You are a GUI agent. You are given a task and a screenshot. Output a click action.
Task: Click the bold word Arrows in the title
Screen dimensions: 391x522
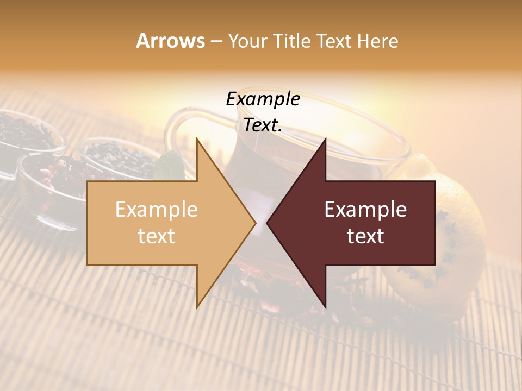pyautogui.click(x=170, y=41)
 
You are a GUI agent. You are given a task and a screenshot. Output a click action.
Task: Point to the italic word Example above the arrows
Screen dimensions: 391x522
pyautogui.click(x=263, y=99)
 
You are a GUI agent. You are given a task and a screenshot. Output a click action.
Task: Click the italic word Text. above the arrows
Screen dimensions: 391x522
pyautogui.click(x=263, y=125)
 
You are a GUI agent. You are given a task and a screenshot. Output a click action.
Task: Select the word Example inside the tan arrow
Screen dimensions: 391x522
pyautogui.click(x=156, y=210)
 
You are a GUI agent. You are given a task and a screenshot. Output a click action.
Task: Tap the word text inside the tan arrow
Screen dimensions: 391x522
pyautogui.click(x=156, y=236)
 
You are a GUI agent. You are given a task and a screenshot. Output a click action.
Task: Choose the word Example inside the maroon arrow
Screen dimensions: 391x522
pyautogui.click(x=365, y=210)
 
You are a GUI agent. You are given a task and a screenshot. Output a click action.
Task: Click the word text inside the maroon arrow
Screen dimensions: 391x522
pyautogui.click(x=365, y=236)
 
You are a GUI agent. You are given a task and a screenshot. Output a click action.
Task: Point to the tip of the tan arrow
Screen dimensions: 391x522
pyautogui.click(x=255, y=223)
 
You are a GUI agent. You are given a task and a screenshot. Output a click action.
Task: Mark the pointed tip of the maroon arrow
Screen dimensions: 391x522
pyautogui.click(x=268, y=223)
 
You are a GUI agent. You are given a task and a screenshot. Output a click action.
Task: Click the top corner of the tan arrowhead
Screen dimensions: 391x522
pyautogui.click(x=197, y=139)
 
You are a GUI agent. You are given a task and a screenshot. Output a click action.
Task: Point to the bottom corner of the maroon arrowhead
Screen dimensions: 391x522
pyautogui.click(x=325, y=307)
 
